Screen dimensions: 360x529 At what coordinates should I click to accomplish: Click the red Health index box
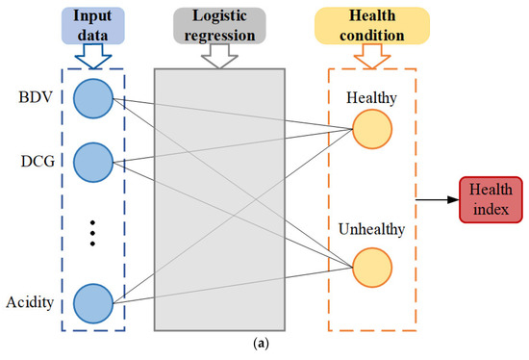pos(491,199)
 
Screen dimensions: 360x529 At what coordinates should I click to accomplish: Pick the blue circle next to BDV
pos(92,98)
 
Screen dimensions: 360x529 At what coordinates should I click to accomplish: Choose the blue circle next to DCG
pos(92,160)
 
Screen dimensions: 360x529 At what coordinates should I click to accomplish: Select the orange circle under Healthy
pos(372,132)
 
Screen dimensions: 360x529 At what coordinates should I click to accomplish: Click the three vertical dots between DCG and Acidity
pos(92,232)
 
